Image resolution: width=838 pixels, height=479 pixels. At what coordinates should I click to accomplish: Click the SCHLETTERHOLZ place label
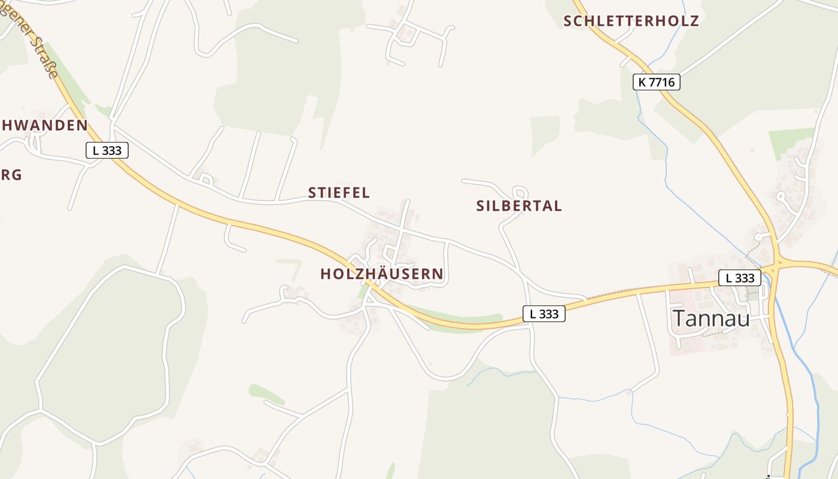coord(631,21)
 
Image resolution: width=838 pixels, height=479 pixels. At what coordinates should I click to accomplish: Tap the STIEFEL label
coord(339,193)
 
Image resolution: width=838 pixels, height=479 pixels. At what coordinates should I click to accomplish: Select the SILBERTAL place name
coord(519,206)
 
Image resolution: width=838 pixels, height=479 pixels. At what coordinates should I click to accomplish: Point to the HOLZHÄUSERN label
coord(382,274)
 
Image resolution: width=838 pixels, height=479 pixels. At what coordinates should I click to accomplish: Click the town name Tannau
coord(711,319)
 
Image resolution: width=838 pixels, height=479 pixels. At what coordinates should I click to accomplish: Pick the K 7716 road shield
coord(657,82)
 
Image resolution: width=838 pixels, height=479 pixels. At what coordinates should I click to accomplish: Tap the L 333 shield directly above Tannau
coord(740,278)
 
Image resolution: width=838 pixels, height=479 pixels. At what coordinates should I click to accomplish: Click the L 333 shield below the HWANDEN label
coord(107,150)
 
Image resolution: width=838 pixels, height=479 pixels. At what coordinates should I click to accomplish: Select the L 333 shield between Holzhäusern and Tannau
coord(544,314)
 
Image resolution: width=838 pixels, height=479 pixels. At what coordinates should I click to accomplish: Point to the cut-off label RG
coord(11,175)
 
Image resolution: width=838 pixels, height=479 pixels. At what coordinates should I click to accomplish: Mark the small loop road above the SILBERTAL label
coord(520,193)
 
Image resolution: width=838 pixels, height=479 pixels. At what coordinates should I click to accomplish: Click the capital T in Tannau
coord(679,319)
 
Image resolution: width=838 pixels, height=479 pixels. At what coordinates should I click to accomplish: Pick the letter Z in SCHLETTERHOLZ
coord(694,21)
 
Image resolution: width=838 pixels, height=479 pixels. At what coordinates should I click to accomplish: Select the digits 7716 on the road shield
coord(663,82)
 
